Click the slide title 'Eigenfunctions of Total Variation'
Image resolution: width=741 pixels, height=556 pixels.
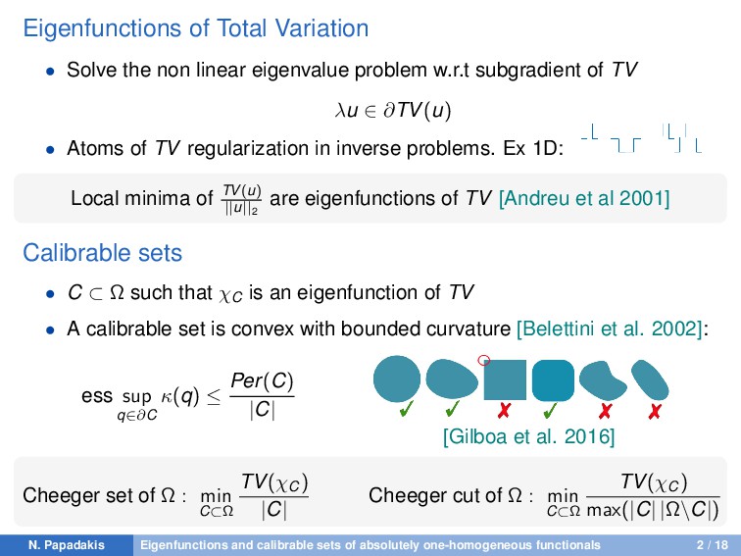point(195,28)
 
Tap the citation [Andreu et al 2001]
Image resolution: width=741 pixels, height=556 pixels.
point(584,199)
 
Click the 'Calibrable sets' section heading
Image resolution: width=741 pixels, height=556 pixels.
point(102,253)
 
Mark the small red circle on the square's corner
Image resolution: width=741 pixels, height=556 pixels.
point(483,360)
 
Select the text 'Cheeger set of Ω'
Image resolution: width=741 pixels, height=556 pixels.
point(98,496)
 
